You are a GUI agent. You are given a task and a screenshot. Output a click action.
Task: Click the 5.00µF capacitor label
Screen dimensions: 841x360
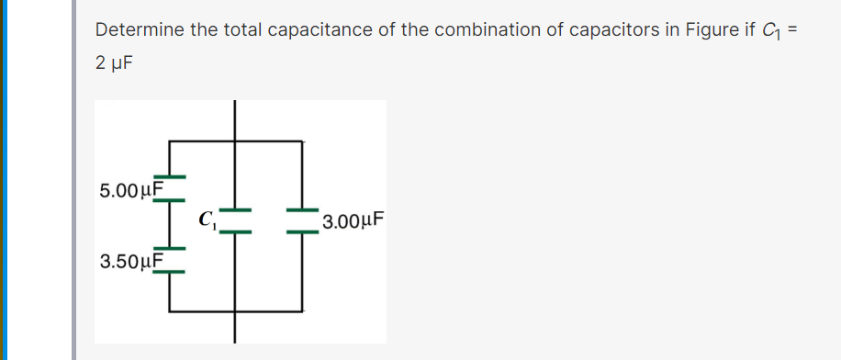pyautogui.click(x=130, y=191)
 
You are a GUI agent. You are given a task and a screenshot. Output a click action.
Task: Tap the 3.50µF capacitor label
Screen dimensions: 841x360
pyautogui.click(x=130, y=262)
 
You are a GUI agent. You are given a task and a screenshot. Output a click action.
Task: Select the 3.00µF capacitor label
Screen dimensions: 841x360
pyautogui.click(x=353, y=221)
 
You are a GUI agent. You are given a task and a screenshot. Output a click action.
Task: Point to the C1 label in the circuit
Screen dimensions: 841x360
pyautogui.click(x=207, y=219)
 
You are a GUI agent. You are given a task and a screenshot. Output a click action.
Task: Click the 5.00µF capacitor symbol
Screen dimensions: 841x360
pyautogui.click(x=170, y=186)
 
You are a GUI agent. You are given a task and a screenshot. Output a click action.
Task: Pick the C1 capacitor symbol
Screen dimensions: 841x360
pyautogui.click(x=236, y=220)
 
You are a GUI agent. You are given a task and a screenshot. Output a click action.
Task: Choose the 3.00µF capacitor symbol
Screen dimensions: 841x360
pyautogui.click(x=302, y=220)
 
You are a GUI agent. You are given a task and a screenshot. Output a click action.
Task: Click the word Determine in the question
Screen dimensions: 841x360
pyautogui.click(x=140, y=30)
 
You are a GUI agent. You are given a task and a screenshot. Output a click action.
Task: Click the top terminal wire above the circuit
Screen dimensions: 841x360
pyautogui.click(x=236, y=120)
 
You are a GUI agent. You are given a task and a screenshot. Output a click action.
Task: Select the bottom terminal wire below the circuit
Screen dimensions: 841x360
pyautogui.click(x=236, y=328)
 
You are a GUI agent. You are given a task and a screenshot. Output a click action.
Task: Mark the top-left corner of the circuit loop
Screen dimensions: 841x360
pyautogui.click(x=170, y=141)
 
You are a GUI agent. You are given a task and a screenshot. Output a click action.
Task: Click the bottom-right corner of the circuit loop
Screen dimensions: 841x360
pyautogui.click(x=302, y=313)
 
